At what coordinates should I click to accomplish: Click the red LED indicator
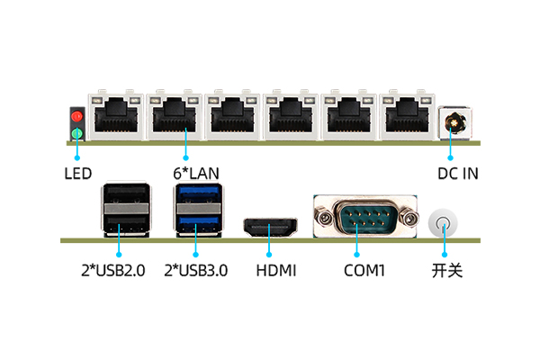[x=77, y=117]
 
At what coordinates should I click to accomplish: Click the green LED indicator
[x=77, y=135]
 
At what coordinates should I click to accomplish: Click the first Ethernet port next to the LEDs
[x=114, y=115]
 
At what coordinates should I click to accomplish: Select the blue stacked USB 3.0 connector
[x=195, y=209]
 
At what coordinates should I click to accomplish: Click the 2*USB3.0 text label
[x=195, y=270]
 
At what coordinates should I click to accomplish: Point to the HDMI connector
[x=270, y=229]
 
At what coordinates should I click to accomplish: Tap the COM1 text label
[x=364, y=270]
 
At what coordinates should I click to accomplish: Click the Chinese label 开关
[x=446, y=270]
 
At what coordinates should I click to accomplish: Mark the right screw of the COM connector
[x=409, y=217]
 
